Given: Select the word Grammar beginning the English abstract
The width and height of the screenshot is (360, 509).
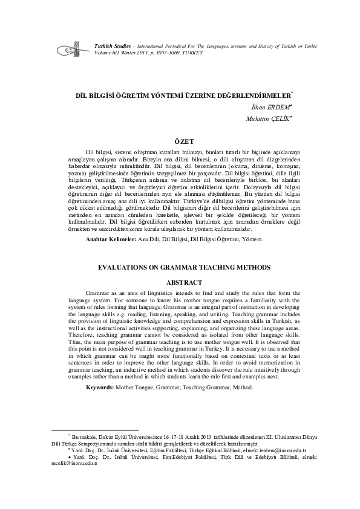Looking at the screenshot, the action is pyautogui.click(x=98, y=292).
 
